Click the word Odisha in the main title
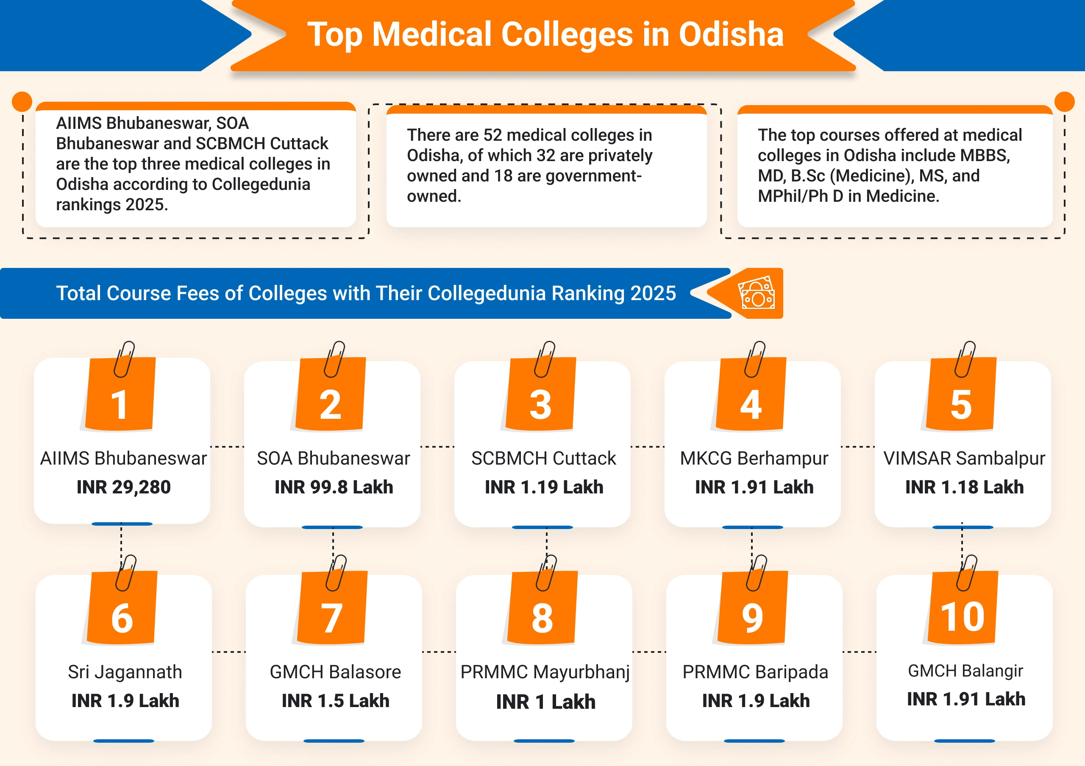coord(731,34)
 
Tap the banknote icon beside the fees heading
coord(757,293)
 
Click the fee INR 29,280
coord(123,487)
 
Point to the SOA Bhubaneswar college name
coord(333,458)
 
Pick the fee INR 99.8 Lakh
coord(334,487)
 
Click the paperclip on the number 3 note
coord(545,359)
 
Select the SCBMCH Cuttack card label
coord(543,458)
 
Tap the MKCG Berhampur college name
coord(754,458)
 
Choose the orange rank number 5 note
coord(961,402)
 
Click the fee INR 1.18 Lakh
coord(964,487)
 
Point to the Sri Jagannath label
coord(125,672)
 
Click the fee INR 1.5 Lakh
coord(336,701)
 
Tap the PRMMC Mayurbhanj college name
coord(545,672)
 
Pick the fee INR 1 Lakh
coord(545,702)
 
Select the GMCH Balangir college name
coord(965,671)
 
